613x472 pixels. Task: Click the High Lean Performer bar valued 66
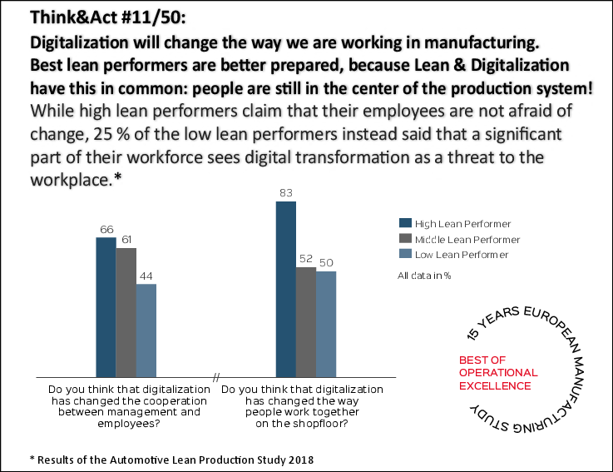pyautogui.click(x=106, y=308)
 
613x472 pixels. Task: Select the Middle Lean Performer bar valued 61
pyautogui.click(x=126, y=313)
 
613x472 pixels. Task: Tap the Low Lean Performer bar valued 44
pyautogui.click(x=146, y=331)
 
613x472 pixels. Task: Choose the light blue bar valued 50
pyautogui.click(x=326, y=325)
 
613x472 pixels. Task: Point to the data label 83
pyautogui.click(x=285, y=194)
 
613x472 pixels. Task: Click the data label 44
pyautogui.click(x=146, y=276)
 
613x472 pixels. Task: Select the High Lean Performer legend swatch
pyautogui.click(x=405, y=223)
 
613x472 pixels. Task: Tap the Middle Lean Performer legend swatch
pyautogui.click(x=405, y=239)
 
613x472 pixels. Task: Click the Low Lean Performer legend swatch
pyautogui.click(x=405, y=254)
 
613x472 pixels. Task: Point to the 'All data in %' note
pyautogui.click(x=424, y=276)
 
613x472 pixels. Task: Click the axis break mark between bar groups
pyautogui.click(x=215, y=379)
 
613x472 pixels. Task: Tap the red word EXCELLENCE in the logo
pyautogui.click(x=495, y=385)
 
